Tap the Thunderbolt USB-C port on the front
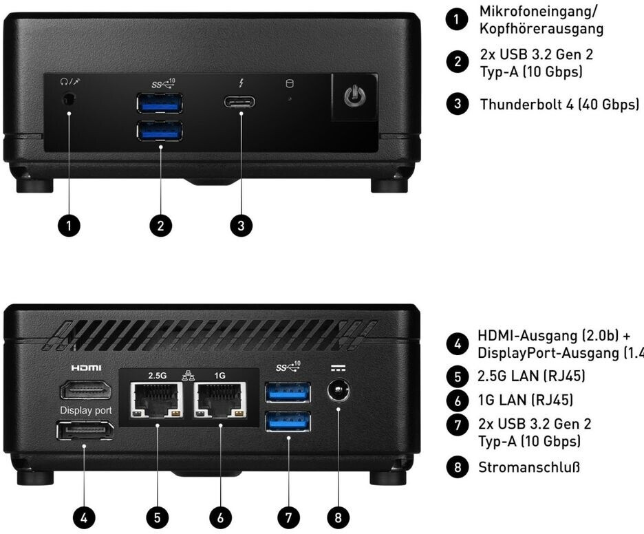click(x=239, y=103)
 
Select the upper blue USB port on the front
click(x=160, y=103)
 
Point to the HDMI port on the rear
click(x=86, y=391)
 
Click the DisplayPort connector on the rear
click(x=86, y=431)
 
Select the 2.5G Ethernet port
click(x=157, y=400)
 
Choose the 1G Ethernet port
click(x=220, y=400)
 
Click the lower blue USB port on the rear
click(x=288, y=421)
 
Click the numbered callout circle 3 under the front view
click(x=241, y=226)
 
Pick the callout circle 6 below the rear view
click(x=222, y=517)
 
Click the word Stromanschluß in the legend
click(x=529, y=468)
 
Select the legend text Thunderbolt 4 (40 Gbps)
click(x=559, y=105)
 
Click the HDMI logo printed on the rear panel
click(x=86, y=368)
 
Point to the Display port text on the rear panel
click(x=86, y=410)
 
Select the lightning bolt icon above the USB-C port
click(x=240, y=84)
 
